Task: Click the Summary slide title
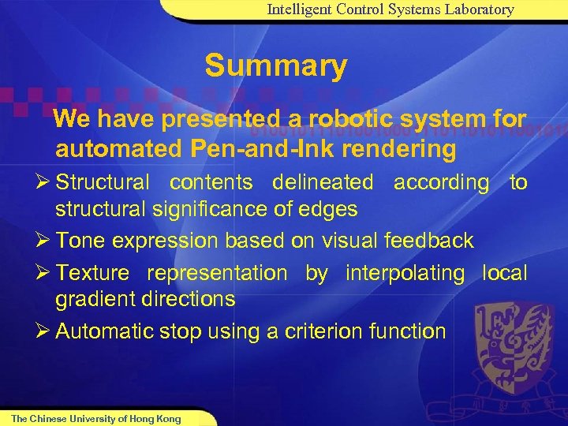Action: click(275, 66)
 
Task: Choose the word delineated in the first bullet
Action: click(323, 182)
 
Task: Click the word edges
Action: click(330, 209)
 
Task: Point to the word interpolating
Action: click(405, 273)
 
